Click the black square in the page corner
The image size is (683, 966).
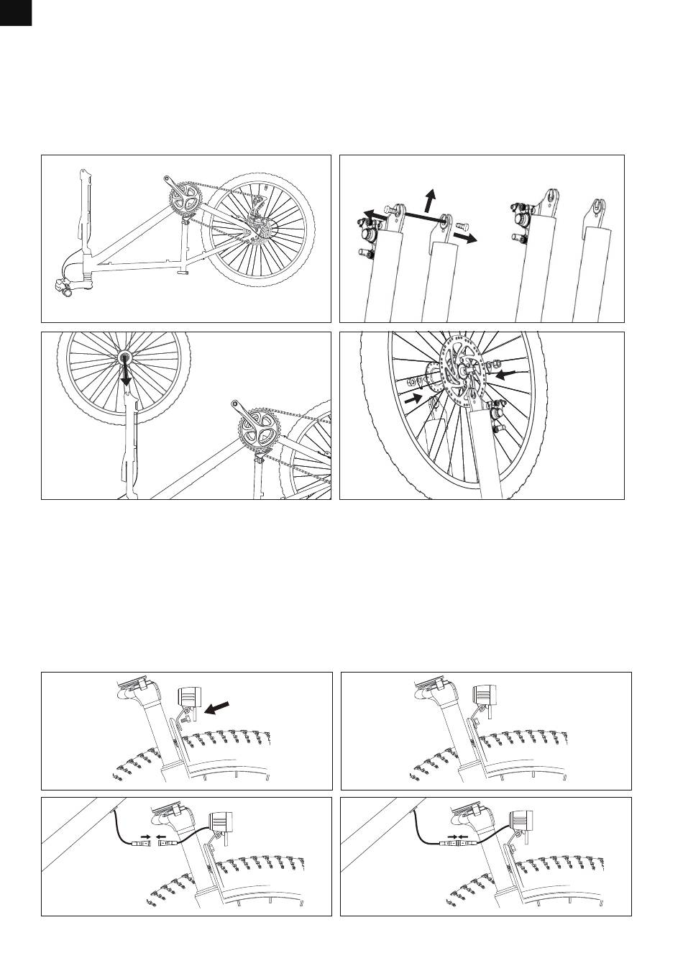click(x=15, y=12)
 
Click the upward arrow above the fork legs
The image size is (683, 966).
click(x=430, y=198)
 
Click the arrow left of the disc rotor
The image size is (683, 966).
click(x=415, y=398)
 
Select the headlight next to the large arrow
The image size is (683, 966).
click(x=190, y=697)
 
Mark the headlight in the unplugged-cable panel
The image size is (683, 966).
click(x=218, y=821)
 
